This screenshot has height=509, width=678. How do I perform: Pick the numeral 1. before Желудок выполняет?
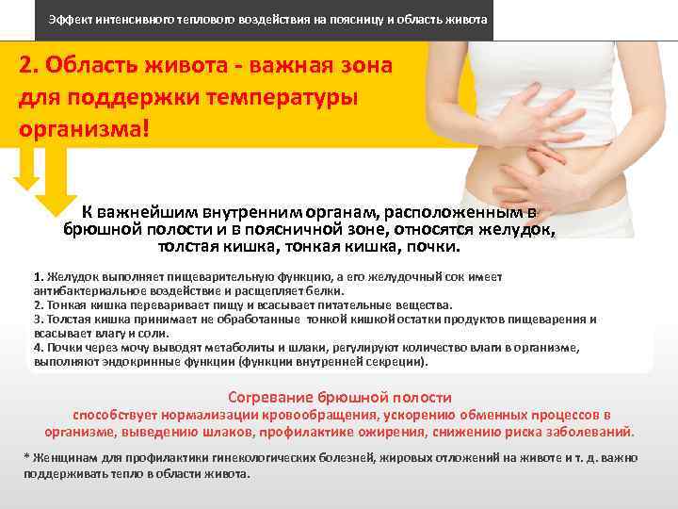(x=38, y=277)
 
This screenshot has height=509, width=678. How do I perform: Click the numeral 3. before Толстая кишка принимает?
(x=38, y=319)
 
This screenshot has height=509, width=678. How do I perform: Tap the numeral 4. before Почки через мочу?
(x=38, y=347)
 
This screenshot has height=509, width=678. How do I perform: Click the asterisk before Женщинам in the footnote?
(x=26, y=457)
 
